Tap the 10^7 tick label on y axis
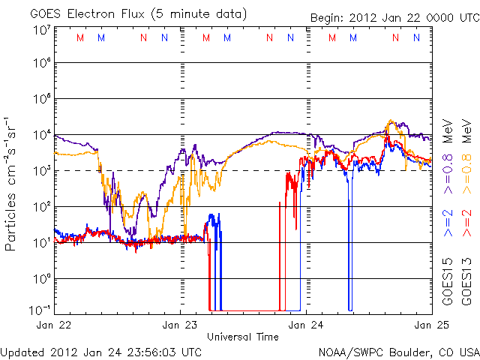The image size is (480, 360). click(x=41, y=31)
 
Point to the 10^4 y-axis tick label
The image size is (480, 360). click(x=41, y=135)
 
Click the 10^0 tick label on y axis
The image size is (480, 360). click(x=41, y=279)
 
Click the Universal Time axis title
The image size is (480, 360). click(x=243, y=337)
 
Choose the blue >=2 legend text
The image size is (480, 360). click(x=446, y=224)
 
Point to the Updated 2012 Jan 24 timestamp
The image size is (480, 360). click(x=101, y=350)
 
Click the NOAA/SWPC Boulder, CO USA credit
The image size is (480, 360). click(x=398, y=350)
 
